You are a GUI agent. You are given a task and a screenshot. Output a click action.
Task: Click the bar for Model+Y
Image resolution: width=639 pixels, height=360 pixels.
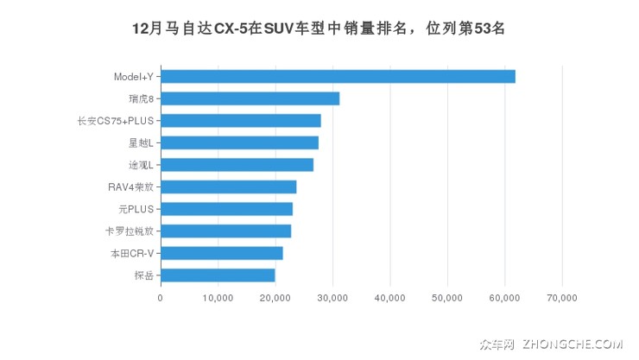[x=338, y=77]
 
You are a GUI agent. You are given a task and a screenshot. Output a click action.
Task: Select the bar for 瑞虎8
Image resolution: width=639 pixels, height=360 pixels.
[x=250, y=98]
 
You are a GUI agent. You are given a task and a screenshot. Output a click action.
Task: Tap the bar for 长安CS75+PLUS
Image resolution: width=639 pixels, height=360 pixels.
[x=240, y=121]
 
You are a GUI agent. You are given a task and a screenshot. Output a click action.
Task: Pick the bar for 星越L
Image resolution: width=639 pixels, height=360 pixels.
[x=239, y=142]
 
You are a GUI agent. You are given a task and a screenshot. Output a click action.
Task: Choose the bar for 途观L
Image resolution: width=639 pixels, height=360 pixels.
[x=237, y=165]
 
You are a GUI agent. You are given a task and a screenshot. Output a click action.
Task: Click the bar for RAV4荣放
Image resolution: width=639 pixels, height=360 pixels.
[x=228, y=186]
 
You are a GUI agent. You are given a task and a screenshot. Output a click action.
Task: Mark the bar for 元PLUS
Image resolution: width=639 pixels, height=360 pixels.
[x=226, y=209]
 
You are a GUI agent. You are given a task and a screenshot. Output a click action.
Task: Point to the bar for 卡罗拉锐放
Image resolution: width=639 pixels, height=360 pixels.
[x=225, y=231]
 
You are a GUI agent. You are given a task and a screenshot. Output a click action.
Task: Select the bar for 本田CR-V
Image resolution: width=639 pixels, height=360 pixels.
[x=221, y=253]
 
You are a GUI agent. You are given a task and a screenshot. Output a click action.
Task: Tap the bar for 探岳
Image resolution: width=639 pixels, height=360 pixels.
[x=218, y=275]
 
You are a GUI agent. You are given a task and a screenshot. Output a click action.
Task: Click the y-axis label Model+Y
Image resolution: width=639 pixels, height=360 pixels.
[x=134, y=77]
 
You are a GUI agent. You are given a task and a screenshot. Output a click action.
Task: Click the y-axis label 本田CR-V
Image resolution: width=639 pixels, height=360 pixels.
[x=131, y=253]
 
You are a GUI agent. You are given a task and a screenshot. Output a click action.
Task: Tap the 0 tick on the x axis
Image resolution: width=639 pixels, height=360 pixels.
[x=161, y=298]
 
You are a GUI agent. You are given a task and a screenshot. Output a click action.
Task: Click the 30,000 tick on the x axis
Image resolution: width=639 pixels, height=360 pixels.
[x=332, y=298]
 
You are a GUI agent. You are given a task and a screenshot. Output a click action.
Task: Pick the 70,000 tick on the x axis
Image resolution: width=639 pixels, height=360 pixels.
[x=562, y=298]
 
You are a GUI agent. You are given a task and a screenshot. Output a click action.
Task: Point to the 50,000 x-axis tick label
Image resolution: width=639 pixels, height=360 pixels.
[x=447, y=298]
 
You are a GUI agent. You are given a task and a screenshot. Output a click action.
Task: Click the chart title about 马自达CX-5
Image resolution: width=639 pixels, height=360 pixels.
[x=319, y=28]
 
